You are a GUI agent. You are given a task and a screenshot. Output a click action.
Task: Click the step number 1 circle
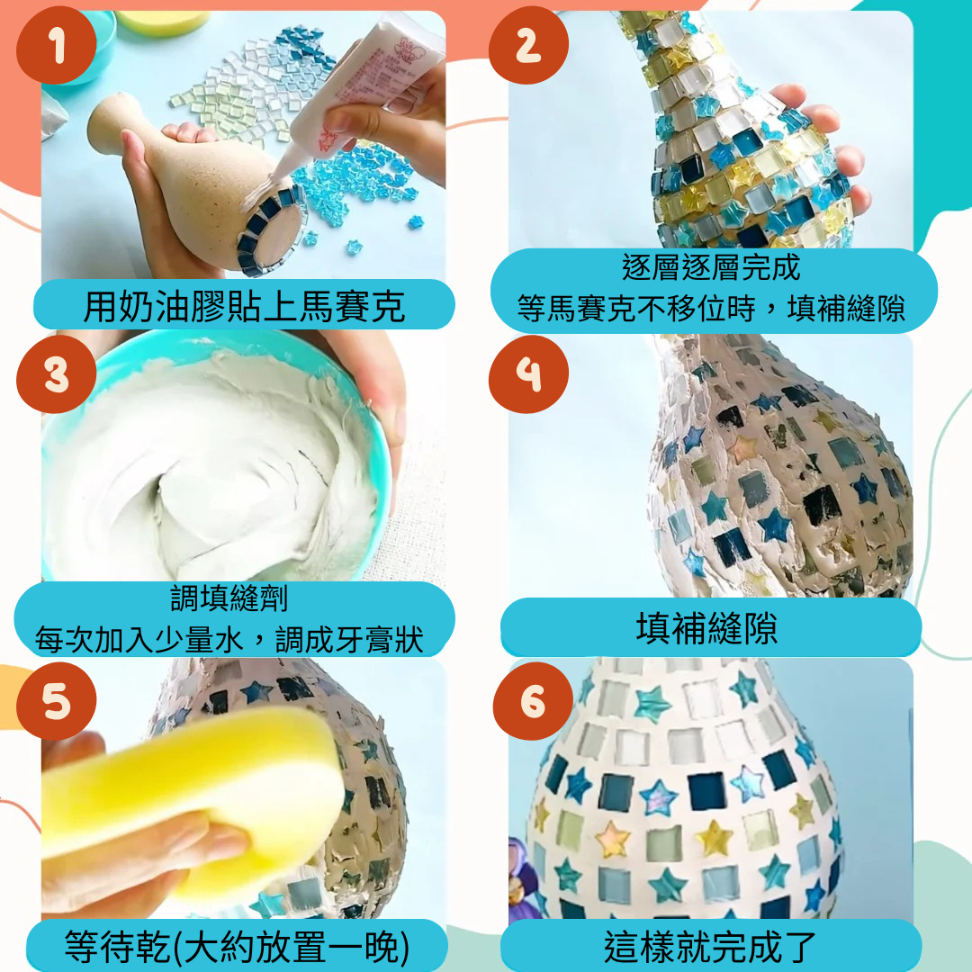pyautogui.click(x=57, y=45)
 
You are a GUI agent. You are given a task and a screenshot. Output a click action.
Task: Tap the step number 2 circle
pyautogui.click(x=528, y=45)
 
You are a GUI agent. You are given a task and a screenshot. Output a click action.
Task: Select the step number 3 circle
pyautogui.click(x=57, y=373)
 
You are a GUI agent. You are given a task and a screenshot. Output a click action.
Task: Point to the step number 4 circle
pyautogui.click(x=528, y=373)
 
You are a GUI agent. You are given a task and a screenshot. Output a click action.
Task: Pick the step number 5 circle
pyautogui.click(x=57, y=701)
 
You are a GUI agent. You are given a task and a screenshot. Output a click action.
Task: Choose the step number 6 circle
pyautogui.click(x=533, y=701)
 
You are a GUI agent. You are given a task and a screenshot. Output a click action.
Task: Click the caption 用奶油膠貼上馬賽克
pyautogui.click(x=244, y=306)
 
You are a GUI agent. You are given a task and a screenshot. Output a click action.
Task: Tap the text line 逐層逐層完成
pyautogui.click(x=711, y=267)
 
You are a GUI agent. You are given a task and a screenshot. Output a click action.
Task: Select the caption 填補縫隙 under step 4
pyautogui.click(x=706, y=627)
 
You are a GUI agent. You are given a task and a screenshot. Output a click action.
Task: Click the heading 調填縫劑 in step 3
pyautogui.click(x=229, y=598)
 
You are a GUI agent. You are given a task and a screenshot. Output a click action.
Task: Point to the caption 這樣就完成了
pyautogui.click(x=710, y=947)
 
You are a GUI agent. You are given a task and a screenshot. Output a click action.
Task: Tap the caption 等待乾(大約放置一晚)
pyautogui.click(x=237, y=947)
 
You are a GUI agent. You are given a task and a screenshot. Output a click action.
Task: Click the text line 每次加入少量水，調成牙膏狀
pyautogui.click(x=229, y=639)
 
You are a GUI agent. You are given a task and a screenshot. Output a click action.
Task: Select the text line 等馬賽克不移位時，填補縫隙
pyautogui.click(x=711, y=308)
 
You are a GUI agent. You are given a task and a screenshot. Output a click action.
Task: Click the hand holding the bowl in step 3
pyautogui.click(x=372, y=397)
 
